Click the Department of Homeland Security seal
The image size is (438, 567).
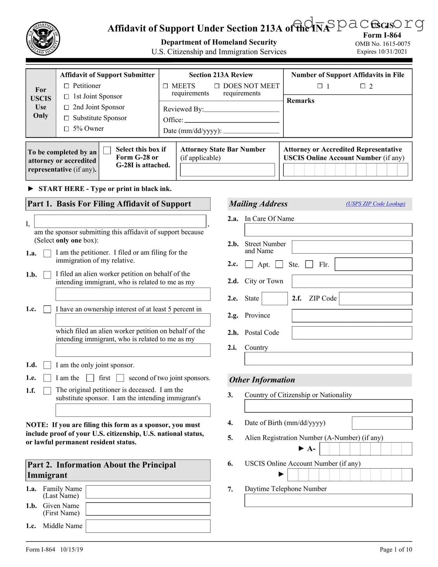tap(43, 39)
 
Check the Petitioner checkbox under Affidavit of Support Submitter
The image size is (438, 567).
tap(67, 86)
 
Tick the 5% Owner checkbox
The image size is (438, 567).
tap(67, 129)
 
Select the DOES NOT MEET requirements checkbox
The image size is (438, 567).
tap(217, 86)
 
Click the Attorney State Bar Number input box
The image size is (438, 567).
tap(227, 170)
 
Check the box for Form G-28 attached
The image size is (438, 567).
tap(107, 150)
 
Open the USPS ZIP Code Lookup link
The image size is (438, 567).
tap(376, 204)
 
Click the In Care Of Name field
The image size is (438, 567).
tap(328, 230)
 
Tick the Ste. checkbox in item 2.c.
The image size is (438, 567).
tap(279, 264)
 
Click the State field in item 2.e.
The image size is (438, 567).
tap(274, 299)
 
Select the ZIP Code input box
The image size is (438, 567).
tap(375, 299)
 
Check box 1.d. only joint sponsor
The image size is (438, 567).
tap(47, 365)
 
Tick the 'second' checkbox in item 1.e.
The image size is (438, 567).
tap(120, 378)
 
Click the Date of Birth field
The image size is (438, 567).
tap(382, 423)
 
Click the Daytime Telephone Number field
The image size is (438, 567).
tap(328, 500)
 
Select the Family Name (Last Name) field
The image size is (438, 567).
tap(148, 492)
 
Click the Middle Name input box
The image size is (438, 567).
tap(148, 526)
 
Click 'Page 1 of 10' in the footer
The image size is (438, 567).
tap(396, 549)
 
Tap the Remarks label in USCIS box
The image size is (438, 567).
tap(300, 101)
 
